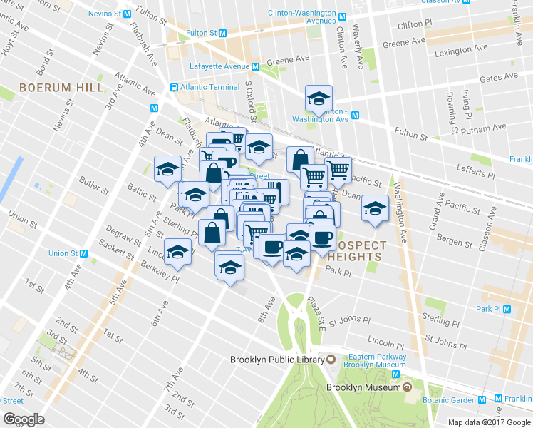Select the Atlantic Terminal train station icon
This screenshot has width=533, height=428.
[174, 87]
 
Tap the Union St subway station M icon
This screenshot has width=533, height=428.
[83, 253]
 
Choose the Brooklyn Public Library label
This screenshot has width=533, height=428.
[276, 360]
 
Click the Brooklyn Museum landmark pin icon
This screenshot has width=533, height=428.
[407, 387]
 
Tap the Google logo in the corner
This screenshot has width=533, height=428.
[24, 419]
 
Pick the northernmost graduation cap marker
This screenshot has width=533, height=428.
[319, 98]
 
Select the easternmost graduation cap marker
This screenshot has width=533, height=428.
[375, 208]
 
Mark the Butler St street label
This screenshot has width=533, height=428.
[93, 185]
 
